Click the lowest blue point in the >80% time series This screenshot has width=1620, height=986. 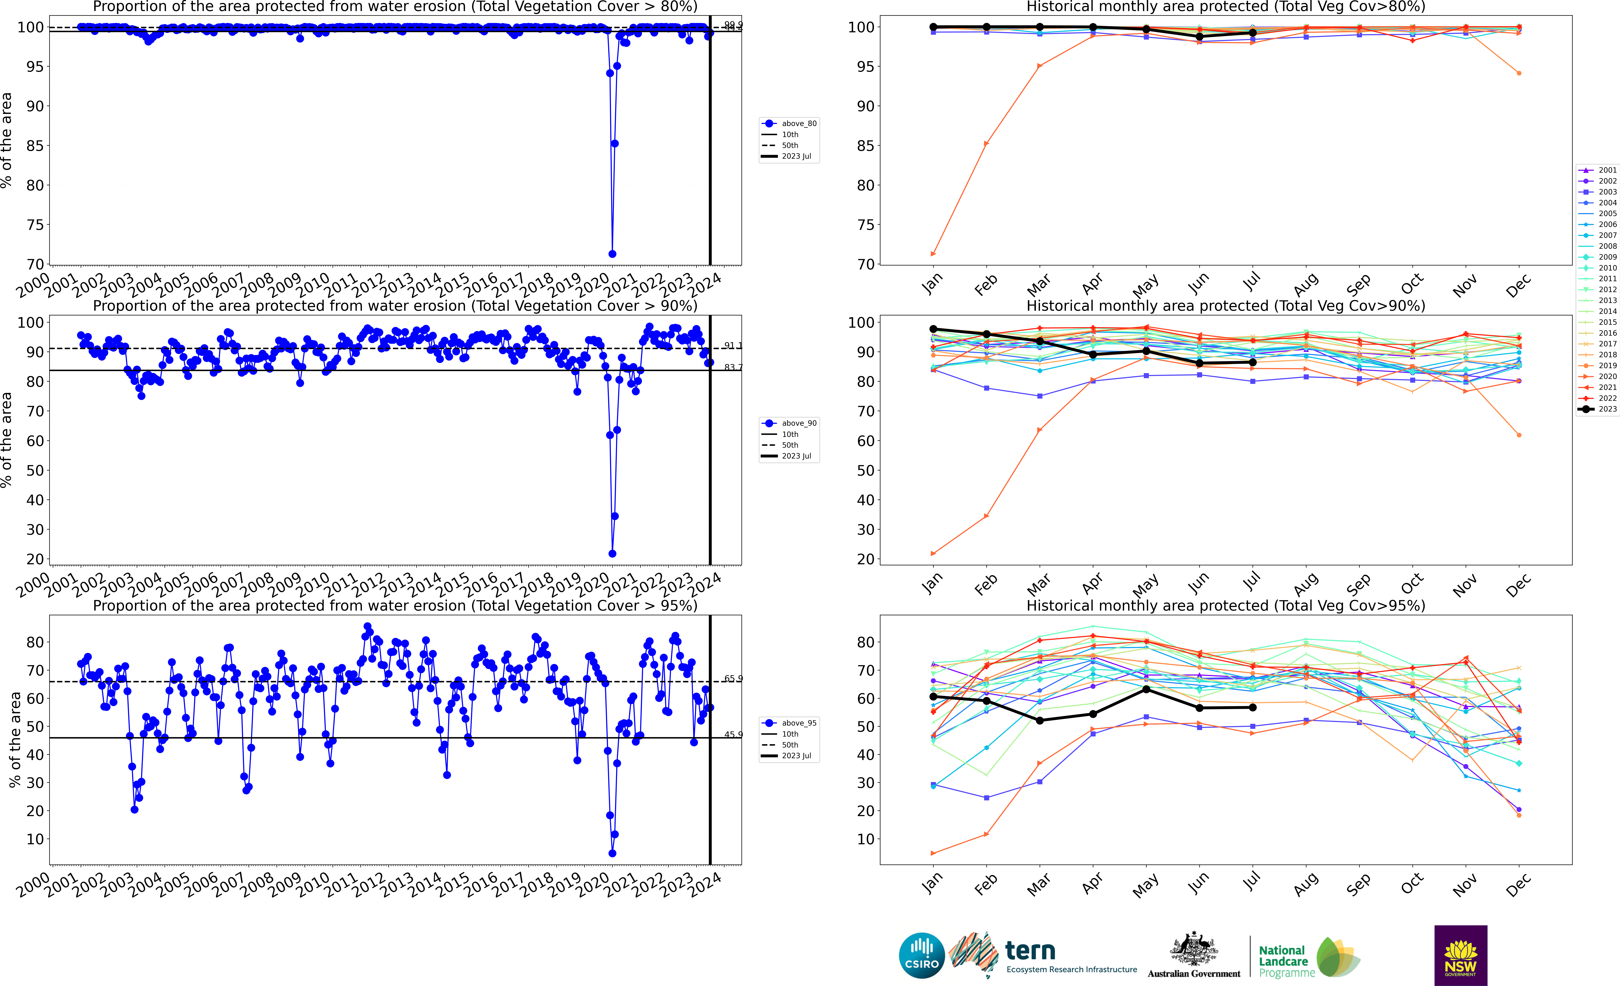point(612,254)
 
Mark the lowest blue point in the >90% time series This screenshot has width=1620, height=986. point(612,553)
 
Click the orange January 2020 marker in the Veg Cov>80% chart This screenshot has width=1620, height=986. point(933,254)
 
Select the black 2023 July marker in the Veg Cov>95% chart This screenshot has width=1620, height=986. point(1253,707)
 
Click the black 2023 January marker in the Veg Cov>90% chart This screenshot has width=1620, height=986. point(933,329)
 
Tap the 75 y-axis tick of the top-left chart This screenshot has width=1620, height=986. point(34,225)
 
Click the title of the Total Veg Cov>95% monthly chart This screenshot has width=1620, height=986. point(1226,605)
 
